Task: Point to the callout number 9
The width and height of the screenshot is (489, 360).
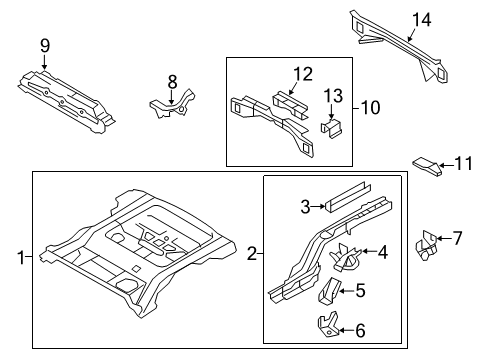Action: click(43, 44)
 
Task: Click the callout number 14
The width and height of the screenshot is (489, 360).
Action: click(421, 17)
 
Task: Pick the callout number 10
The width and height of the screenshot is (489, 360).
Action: click(371, 105)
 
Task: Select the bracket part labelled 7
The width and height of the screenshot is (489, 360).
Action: click(429, 244)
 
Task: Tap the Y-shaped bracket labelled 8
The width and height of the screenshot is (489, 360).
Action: click(171, 102)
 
